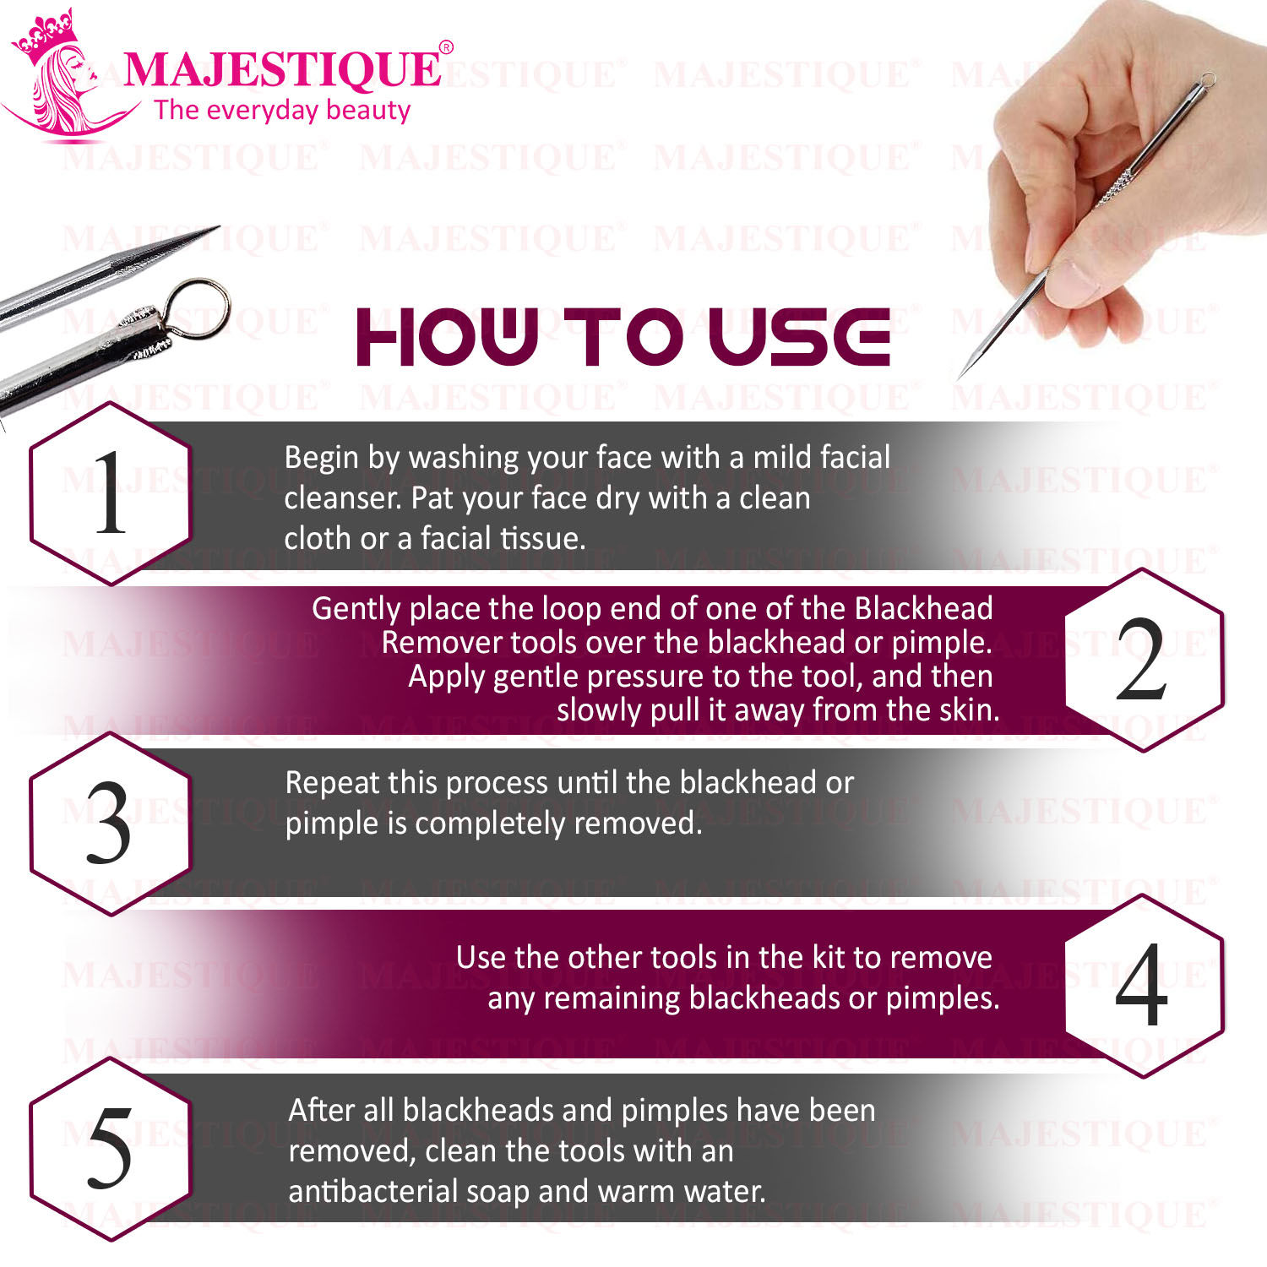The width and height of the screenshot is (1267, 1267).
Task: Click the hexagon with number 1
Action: pos(111,494)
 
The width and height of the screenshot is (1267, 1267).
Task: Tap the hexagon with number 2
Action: pos(1144,660)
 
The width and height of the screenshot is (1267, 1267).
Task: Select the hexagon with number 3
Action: pos(111,824)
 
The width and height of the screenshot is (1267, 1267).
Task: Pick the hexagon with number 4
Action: pos(1144,985)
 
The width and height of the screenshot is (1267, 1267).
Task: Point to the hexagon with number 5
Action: pos(111,1149)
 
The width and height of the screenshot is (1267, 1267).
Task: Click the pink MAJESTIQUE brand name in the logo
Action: pos(282,69)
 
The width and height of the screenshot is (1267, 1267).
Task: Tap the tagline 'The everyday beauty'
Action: pos(282,110)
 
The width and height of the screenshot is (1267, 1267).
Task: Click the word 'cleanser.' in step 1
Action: pos(343,498)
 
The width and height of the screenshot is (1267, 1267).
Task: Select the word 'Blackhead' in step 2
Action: pos(924,608)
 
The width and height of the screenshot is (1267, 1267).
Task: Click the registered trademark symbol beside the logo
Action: pos(447,47)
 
